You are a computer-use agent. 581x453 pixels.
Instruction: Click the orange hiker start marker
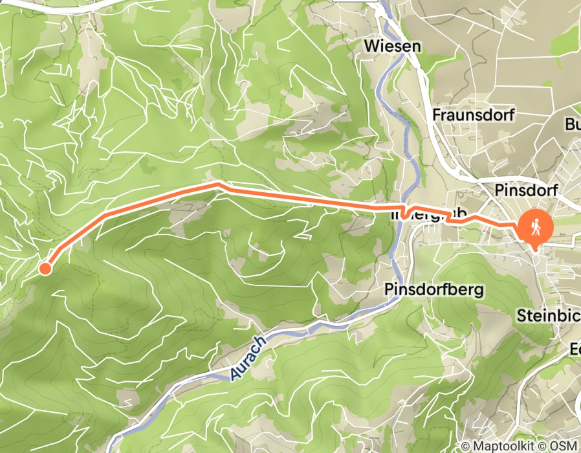point(536,228)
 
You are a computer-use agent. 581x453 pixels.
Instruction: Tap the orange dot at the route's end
point(45,268)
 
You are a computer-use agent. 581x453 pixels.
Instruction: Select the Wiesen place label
point(392,47)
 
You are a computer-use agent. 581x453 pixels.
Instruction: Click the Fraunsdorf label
point(472,116)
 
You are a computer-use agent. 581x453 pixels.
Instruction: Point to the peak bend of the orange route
point(217,185)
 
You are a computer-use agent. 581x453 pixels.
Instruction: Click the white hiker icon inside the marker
point(536,226)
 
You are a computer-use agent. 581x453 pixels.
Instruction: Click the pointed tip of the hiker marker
point(536,249)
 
